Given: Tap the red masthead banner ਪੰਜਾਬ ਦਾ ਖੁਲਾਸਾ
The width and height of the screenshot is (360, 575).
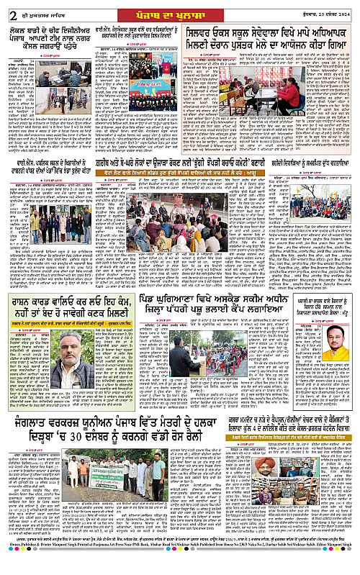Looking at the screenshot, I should tap(179, 9).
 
